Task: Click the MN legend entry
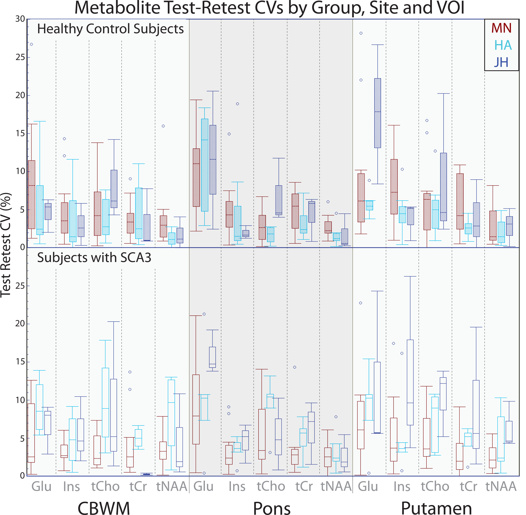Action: tap(501, 28)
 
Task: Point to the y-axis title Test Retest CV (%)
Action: tap(6, 245)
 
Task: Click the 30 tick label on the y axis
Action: tap(20, 19)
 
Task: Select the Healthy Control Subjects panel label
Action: tap(110, 29)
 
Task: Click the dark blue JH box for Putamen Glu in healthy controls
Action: tap(377, 113)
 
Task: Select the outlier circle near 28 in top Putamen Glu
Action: tap(361, 33)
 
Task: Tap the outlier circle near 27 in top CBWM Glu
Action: tap(31, 44)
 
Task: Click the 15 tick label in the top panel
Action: tap(20, 133)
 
